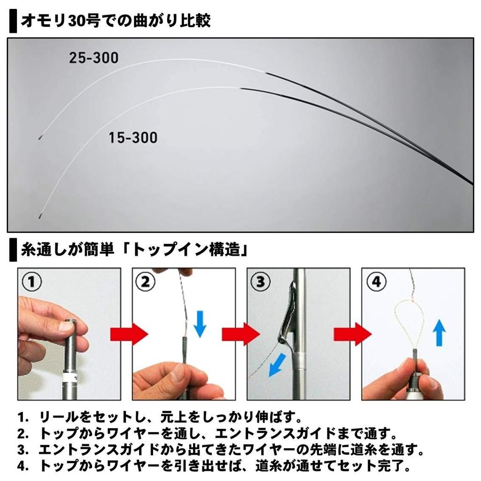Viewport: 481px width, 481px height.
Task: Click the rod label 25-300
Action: pos(93,58)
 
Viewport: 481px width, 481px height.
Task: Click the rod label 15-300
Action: pos(133,138)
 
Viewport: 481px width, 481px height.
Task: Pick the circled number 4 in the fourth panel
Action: pos(376,282)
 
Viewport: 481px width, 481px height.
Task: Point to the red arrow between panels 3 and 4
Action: pos(352,334)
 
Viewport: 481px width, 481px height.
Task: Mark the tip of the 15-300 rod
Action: pos(39,217)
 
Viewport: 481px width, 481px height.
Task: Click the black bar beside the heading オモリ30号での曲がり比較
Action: pos(13,22)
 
